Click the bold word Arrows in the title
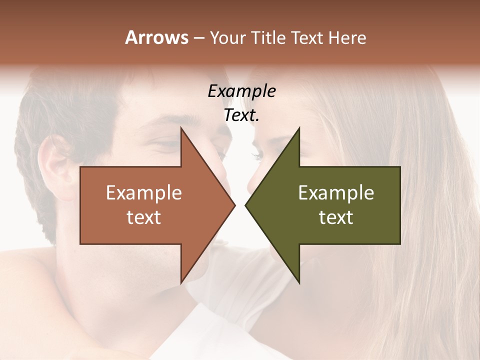pos(156,37)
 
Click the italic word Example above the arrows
pos(242,91)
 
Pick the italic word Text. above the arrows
pos(242,115)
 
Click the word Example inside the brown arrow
pos(144,192)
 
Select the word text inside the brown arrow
pos(144,217)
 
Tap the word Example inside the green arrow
pos(336,192)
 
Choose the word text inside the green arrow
pos(336,217)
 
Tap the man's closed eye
pos(167,145)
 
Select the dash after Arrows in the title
pos(198,38)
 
